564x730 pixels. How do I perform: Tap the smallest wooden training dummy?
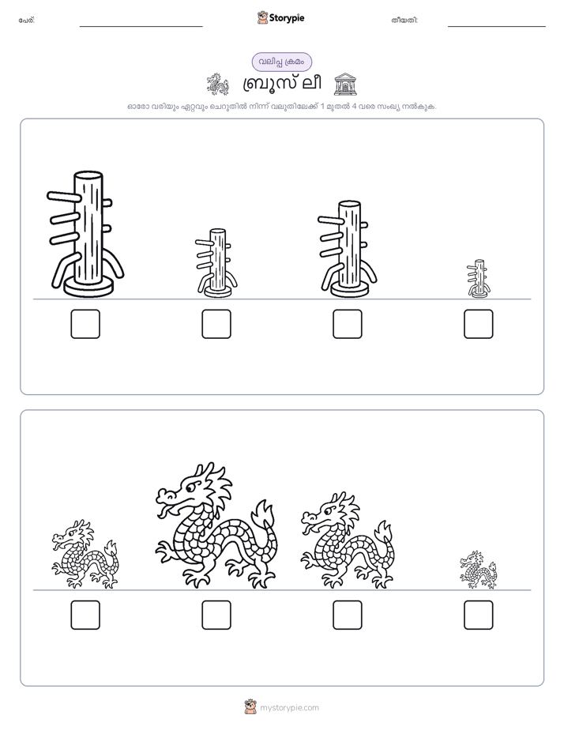(479, 278)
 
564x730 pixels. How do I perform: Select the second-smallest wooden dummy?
(217, 263)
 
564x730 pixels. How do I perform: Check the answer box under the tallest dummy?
(85, 324)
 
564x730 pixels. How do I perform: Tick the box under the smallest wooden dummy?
(479, 324)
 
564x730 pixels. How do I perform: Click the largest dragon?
(216, 525)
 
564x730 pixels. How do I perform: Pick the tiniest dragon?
(479, 570)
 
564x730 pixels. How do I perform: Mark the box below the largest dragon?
(216, 615)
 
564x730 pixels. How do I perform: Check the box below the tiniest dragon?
(479, 615)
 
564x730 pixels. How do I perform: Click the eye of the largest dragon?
(191, 487)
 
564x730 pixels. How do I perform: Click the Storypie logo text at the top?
(287, 17)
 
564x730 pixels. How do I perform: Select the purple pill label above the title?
(281, 62)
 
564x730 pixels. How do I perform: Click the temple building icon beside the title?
(346, 84)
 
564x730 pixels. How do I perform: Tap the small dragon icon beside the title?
(218, 84)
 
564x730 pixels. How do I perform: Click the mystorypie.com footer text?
(289, 708)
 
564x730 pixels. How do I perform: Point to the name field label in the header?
(27, 20)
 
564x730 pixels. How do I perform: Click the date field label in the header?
(405, 20)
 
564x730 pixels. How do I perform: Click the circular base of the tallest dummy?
(88, 288)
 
